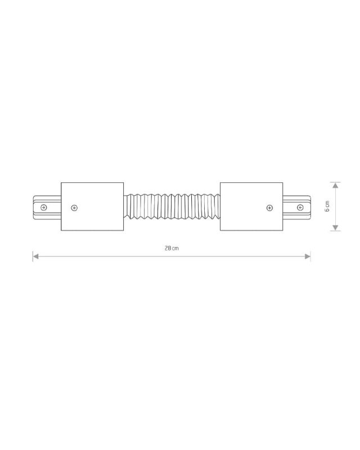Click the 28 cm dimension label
[x=172, y=248]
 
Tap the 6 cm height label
[x=327, y=206]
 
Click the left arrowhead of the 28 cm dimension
[x=36, y=256]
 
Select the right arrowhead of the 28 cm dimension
[x=307, y=256]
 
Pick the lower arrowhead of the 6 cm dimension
[x=335, y=227]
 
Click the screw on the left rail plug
[x=44, y=207]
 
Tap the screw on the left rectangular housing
[x=75, y=208]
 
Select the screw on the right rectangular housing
[x=269, y=208]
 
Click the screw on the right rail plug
[x=300, y=207]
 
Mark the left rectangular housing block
[x=92, y=206]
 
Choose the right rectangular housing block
[x=251, y=206]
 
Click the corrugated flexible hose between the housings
[x=172, y=206]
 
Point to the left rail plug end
[x=46, y=206]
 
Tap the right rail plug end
[x=297, y=206]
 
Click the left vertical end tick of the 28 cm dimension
[x=33, y=256]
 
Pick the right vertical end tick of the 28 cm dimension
[x=310, y=256]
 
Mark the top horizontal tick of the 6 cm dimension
[x=335, y=182]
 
